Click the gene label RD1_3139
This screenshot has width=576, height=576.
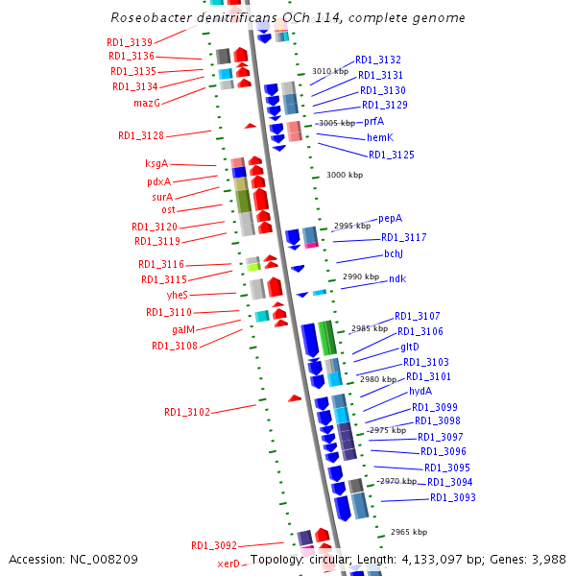[x=130, y=42]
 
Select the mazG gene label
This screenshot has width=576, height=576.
[x=146, y=103]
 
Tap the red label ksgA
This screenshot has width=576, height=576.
[x=156, y=163]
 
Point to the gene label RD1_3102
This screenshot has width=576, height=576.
[x=186, y=412]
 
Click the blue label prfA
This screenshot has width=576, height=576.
[x=373, y=121]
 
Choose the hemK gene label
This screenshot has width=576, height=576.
[x=380, y=137]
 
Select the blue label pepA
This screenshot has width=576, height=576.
[x=390, y=218]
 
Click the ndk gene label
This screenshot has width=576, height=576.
[x=397, y=278]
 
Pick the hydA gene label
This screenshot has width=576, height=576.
[x=420, y=391]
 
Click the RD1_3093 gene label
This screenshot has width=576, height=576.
[x=452, y=497]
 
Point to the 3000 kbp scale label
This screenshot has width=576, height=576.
[x=345, y=175]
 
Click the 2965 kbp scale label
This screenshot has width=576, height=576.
[x=409, y=532]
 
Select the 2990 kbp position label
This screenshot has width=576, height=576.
[x=361, y=276]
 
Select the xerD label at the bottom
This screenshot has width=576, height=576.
[x=228, y=564]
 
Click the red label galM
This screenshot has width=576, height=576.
[x=183, y=329]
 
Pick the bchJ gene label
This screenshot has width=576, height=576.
[x=394, y=253]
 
